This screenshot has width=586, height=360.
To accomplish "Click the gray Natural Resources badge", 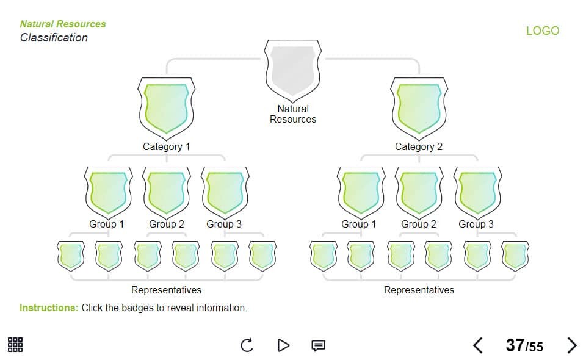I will [292, 70].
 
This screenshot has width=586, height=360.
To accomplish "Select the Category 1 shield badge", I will [166, 108].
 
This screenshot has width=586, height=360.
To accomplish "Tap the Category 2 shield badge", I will [419, 108].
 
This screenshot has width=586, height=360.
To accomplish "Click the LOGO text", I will [542, 31].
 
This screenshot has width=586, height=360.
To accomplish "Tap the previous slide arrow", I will [478, 346].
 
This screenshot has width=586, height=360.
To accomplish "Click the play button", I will [283, 346].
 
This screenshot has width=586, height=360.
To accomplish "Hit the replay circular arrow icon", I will [247, 346].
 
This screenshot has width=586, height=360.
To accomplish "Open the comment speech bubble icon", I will [318, 346].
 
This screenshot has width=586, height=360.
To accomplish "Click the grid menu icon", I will [15, 345].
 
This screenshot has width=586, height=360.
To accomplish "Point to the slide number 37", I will [515, 345].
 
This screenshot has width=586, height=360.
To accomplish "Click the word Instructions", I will [49, 308].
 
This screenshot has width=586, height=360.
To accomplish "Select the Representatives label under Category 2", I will [419, 290].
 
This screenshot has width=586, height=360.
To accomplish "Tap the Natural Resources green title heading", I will [63, 24].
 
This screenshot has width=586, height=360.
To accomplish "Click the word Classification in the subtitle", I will [54, 38].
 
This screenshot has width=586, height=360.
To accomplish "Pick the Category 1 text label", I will [166, 146].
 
